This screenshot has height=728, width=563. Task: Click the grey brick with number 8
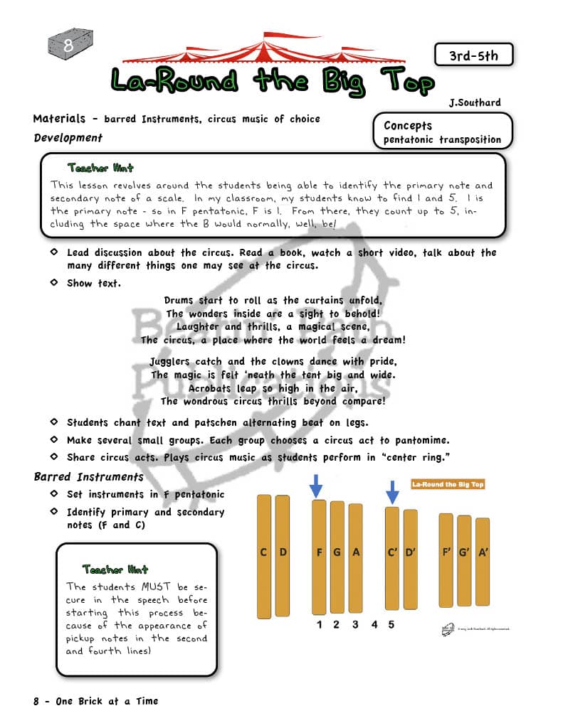pos(69,45)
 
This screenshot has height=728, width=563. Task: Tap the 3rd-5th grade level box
pos(473,55)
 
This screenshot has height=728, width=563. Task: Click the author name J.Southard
pos(475,103)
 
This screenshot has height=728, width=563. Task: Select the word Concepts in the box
pos(408,125)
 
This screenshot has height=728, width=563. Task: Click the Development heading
pos(68,138)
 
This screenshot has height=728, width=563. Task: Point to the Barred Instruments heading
pos(88,476)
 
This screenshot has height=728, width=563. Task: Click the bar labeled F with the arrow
pos(319,555)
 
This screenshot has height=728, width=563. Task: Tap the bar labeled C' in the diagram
pos(392,555)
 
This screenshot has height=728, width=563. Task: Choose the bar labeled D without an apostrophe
pos(283,555)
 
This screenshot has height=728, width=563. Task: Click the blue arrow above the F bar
pos(317,487)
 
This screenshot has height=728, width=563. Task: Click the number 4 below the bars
pos(374,625)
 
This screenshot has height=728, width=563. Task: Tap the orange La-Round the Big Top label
pos(448,484)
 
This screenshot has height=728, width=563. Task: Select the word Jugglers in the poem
pos(173,361)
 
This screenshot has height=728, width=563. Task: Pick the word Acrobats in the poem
pos(212,388)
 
